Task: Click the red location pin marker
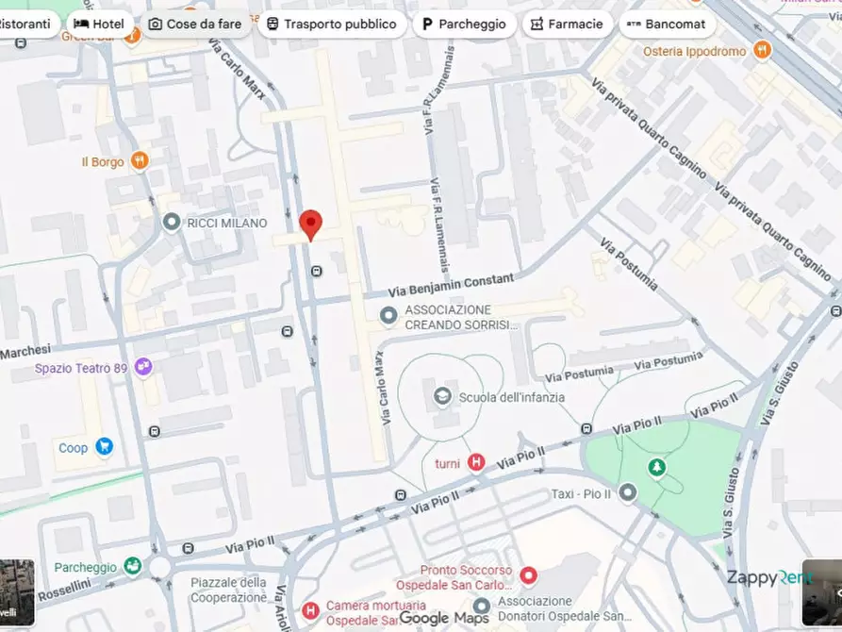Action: pyautogui.click(x=310, y=225)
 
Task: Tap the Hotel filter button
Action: pyautogui.click(x=99, y=24)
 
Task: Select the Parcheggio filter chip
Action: pyautogui.click(x=464, y=24)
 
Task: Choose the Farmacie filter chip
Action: pyautogui.click(x=567, y=24)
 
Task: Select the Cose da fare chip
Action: pyautogui.click(x=195, y=24)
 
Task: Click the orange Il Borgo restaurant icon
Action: pyautogui.click(x=140, y=161)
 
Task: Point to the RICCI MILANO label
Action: pyautogui.click(x=226, y=224)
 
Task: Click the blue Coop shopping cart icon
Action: pyautogui.click(x=104, y=447)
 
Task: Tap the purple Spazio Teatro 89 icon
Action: pyautogui.click(x=143, y=367)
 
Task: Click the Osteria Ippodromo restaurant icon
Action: pyautogui.click(x=762, y=51)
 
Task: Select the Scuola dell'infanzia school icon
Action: pyautogui.click(x=441, y=397)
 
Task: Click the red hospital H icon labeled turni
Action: pyautogui.click(x=477, y=462)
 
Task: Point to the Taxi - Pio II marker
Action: pyautogui.click(x=627, y=492)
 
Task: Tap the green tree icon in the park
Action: pyautogui.click(x=656, y=467)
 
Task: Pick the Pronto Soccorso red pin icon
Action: pyautogui.click(x=528, y=574)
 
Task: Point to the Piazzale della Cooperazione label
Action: pyautogui.click(x=228, y=590)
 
